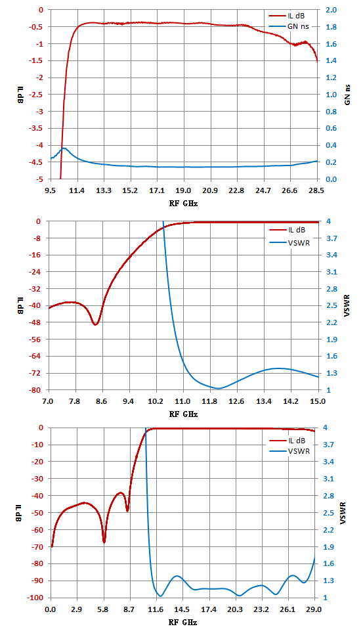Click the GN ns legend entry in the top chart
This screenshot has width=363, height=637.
pyautogui.click(x=287, y=26)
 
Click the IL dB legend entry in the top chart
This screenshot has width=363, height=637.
pyautogui.click(x=286, y=16)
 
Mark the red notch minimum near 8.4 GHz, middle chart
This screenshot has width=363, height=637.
pyautogui.click(x=95, y=324)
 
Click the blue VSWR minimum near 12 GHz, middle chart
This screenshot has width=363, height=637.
pyautogui.click(x=218, y=388)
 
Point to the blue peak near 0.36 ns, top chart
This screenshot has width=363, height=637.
pyautogui.click(x=64, y=148)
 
